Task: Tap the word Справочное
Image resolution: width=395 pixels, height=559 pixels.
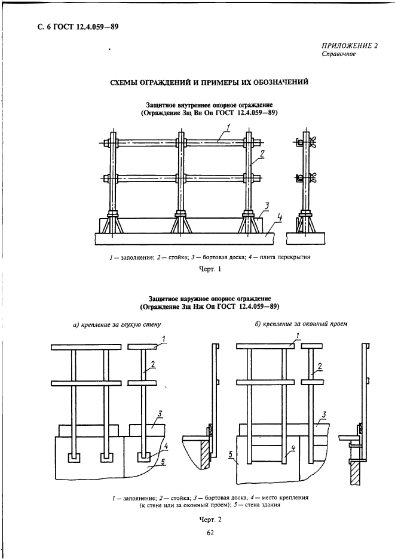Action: [339, 54]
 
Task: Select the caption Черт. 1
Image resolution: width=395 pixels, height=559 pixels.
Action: [209, 269]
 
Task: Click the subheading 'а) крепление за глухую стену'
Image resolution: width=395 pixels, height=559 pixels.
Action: [116, 324]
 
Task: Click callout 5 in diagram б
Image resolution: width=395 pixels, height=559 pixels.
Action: [231, 454]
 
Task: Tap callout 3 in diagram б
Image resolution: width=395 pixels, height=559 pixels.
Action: [323, 414]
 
